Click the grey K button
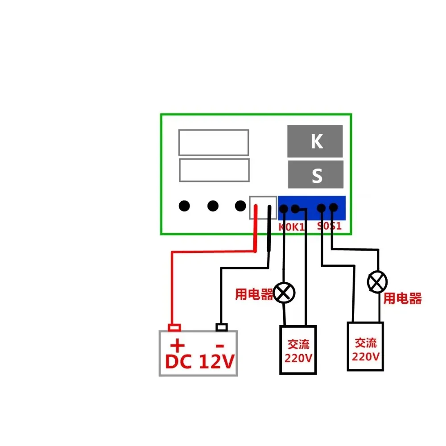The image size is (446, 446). point(315,141)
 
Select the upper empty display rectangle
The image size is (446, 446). point(213,143)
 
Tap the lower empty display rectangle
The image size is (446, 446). point(214,170)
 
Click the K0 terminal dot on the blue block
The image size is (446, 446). point(283,208)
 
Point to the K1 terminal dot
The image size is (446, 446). point(295,208)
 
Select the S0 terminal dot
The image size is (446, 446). point(321,207)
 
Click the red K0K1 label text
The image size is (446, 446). point(292,227)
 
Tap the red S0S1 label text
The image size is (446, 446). point(329,226)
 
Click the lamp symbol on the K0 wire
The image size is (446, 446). point(284,293)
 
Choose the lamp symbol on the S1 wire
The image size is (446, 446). point(377,282)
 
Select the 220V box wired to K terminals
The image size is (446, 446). point(298,350)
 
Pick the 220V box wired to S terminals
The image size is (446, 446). point(365,346)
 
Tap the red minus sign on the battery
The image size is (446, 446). point(219,346)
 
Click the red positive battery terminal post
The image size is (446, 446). point(174,328)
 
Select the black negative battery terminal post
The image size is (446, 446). point(221,328)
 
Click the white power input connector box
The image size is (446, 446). point(263,208)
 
